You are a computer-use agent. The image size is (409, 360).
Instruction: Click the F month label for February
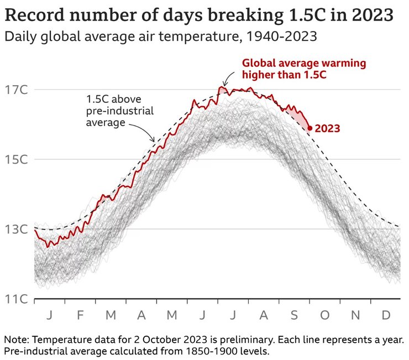click(80, 315)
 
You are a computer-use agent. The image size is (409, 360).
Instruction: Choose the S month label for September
click(294, 315)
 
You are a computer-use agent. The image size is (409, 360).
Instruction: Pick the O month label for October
click(324, 315)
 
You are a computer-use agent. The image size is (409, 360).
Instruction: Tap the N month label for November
click(355, 315)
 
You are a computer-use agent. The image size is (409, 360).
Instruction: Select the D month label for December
click(386, 315)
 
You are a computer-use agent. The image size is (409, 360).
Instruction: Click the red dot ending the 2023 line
click(310, 128)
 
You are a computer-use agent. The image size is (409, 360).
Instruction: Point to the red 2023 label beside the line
click(328, 128)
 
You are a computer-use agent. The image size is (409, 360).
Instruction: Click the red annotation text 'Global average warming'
click(304, 63)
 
